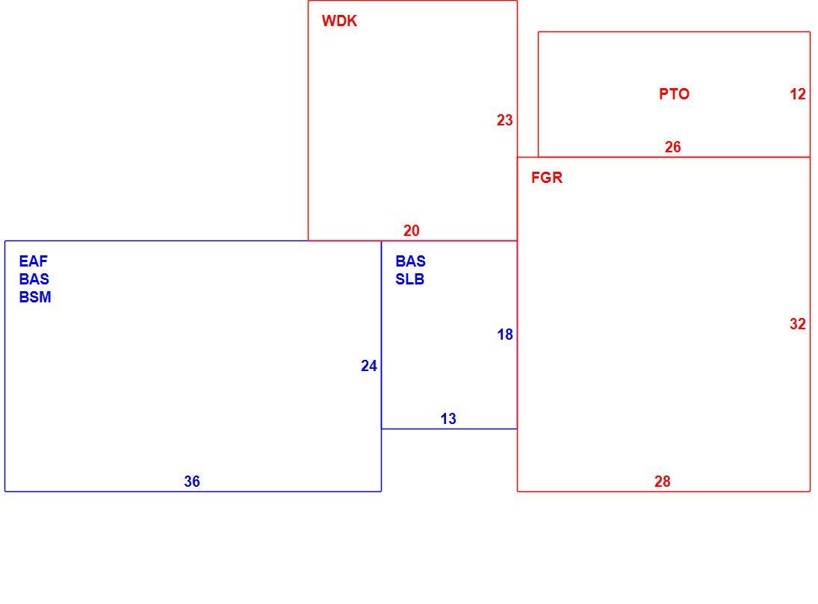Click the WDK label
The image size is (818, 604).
pyautogui.click(x=340, y=21)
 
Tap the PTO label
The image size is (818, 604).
pyautogui.click(x=674, y=94)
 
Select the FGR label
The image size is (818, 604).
pyautogui.click(x=547, y=178)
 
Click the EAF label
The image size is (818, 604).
pyautogui.click(x=34, y=261)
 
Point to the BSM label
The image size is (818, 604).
pyautogui.click(x=35, y=297)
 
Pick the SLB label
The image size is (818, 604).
pyautogui.click(x=409, y=279)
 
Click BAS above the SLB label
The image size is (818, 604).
pyautogui.click(x=411, y=261)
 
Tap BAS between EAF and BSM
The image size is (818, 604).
pyautogui.click(x=34, y=279)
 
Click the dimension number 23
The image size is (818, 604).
pyautogui.click(x=504, y=120)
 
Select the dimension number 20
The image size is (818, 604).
pyautogui.click(x=411, y=231)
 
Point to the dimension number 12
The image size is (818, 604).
pyautogui.click(x=798, y=94)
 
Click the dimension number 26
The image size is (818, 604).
pyautogui.click(x=672, y=147)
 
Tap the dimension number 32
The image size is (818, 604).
pyautogui.click(x=798, y=325)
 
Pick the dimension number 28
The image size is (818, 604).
pyautogui.click(x=662, y=482)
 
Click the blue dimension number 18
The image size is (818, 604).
pyautogui.click(x=505, y=335)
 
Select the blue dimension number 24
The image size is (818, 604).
pyautogui.click(x=369, y=366)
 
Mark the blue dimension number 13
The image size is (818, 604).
pyautogui.click(x=448, y=419)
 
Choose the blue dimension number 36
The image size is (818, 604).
pyautogui.click(x=192, y=482)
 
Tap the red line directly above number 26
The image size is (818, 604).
pyautogui.click(x=674, y=32)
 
